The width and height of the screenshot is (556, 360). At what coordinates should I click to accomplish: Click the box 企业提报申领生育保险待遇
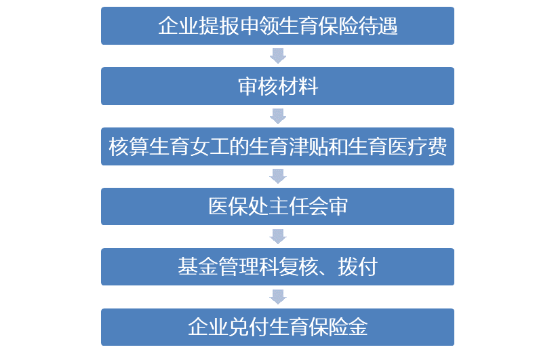(277, 26)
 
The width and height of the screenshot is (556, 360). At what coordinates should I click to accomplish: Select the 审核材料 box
(277, 86)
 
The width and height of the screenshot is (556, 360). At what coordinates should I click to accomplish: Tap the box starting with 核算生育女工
(277, 146)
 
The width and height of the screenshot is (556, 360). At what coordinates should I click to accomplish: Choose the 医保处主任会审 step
(277, 207)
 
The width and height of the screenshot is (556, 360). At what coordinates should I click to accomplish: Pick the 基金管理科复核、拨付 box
(277, 266)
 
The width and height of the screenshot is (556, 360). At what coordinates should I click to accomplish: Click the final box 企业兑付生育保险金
(277, 327)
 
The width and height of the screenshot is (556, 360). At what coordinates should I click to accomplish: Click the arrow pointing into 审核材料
(278, 56)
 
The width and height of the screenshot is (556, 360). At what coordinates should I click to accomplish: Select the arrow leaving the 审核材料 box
(278, 116)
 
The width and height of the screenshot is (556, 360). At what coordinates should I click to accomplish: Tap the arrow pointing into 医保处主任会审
(278, 176)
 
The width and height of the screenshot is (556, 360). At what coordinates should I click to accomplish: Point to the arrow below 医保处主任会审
(278, 237)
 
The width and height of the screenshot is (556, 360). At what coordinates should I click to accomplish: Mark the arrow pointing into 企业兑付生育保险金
(278, 296)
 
